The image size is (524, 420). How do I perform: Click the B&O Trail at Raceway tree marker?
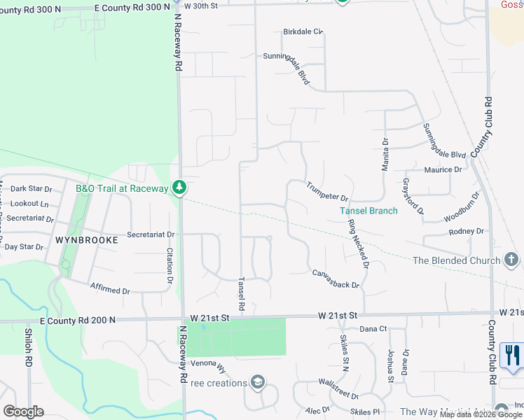click(x=180, y=188)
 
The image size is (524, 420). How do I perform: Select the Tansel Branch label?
click(x=368, y=211)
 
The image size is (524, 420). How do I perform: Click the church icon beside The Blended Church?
click(x=511, y=260)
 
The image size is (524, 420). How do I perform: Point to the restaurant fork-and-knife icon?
click(x=513, y=355)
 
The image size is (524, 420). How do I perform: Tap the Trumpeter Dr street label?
click(x=327, y=191)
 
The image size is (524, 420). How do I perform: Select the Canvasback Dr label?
click(x=336, y=279)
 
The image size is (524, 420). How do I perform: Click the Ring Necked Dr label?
click(x=358, y=244)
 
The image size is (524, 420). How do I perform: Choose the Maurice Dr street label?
click(x=443, y=169)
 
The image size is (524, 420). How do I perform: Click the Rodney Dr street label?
click(x=467, y=231)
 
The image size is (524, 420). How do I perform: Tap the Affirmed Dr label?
click(x=110, y=289)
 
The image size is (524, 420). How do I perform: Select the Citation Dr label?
click(x=169, y=265)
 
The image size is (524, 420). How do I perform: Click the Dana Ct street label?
click(x=373, y=328)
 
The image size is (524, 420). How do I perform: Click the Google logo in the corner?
click(x=23, y=412)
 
